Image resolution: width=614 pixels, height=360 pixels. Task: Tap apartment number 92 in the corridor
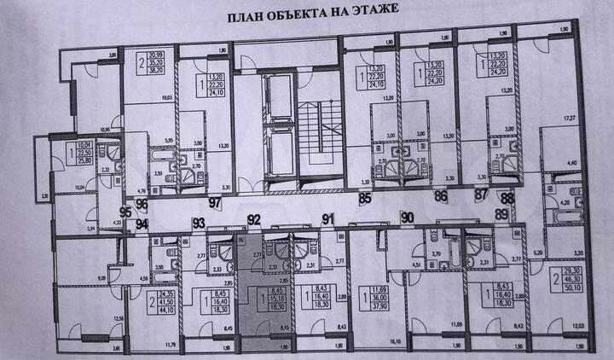pyautogui.click(x=253, y=218)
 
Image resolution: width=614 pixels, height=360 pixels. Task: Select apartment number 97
pyautogui.click(x=215, y=201)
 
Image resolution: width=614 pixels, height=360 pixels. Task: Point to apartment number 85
pyautogui.click(x=365, y=200)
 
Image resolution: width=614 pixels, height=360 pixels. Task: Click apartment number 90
pyautogui.click(x=407, y=217)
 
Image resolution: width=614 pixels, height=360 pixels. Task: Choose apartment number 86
pyautogui.click(x=441, y=197)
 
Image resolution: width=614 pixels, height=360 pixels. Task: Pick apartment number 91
pyautogui.click(x=327, y=218)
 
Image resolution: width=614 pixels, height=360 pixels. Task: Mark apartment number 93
pyautogui.click(x=199, y=223)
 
